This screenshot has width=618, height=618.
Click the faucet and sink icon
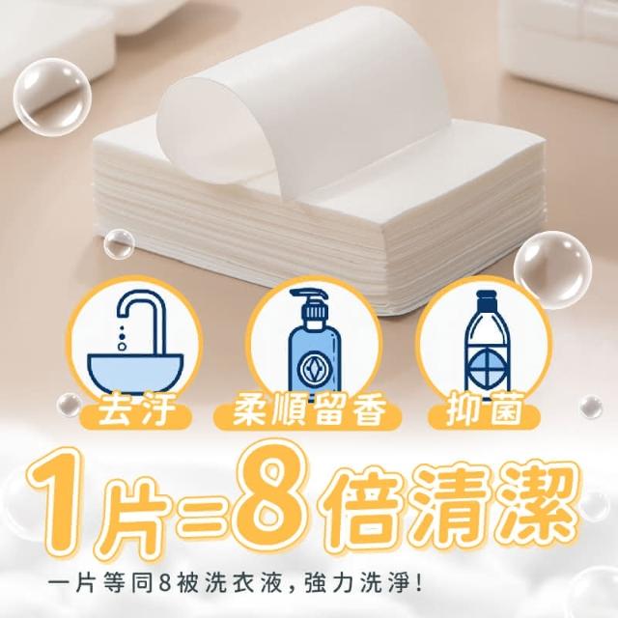(135, 343)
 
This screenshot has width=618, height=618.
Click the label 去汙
(136, 412)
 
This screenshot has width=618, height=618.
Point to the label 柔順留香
(309, 412)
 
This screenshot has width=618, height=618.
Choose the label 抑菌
(485, 412)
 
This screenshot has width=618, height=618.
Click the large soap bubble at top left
(51, 98)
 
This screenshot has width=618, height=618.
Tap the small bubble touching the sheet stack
(118, 243)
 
